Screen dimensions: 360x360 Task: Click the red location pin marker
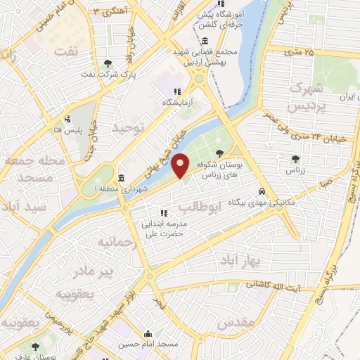click(x=181, y=165)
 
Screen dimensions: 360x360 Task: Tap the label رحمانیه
click(x=114, y=243)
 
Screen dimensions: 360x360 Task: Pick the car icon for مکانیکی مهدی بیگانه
click(x=262, y=192)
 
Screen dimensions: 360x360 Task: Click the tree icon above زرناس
click(x=295, y=159)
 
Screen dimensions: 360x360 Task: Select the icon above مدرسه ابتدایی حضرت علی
click(x=164, y=212)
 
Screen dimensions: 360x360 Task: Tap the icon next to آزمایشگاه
click(x=178, y=91)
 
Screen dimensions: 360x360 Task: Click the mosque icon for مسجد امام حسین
click(x=148, y=335)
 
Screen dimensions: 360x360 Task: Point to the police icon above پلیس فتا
click(x=68, y=119)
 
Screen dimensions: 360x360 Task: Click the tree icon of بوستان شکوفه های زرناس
click(x=220, y=152)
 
